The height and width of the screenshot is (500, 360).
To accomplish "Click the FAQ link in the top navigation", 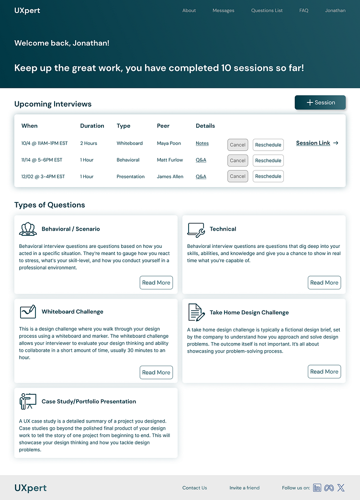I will coord(304,11).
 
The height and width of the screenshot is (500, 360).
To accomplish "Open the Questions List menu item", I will coord(267,11).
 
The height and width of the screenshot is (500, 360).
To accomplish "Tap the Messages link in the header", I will coord(223,11).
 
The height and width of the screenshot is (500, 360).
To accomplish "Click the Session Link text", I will coord(313,143).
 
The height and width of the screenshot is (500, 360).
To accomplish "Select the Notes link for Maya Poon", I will coord(202,144).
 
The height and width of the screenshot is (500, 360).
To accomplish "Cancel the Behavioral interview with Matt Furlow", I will coord(237,161).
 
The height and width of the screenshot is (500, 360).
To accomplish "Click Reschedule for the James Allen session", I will coord(268,177).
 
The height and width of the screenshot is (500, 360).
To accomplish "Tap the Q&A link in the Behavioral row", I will coord(201,160).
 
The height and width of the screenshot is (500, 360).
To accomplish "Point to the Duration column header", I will coord(92,126).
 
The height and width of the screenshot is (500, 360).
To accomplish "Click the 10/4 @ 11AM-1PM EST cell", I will coord(45,144).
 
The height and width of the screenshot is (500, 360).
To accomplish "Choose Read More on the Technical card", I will coord(324,283).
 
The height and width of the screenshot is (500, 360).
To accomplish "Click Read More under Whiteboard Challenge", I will coord(156,373).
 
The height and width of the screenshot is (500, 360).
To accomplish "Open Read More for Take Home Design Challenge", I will coord(324,372).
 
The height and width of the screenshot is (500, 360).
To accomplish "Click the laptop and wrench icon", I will coord(196,230).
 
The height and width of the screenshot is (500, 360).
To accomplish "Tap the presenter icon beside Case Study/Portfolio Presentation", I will coord(28,401).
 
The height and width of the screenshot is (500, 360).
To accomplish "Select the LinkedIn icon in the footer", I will coord(317,488).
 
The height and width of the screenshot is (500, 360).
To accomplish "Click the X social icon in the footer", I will coord(340,488).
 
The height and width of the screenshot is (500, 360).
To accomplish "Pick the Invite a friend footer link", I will coord(244,488).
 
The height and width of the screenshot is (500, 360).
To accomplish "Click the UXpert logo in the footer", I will coord(31,488).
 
